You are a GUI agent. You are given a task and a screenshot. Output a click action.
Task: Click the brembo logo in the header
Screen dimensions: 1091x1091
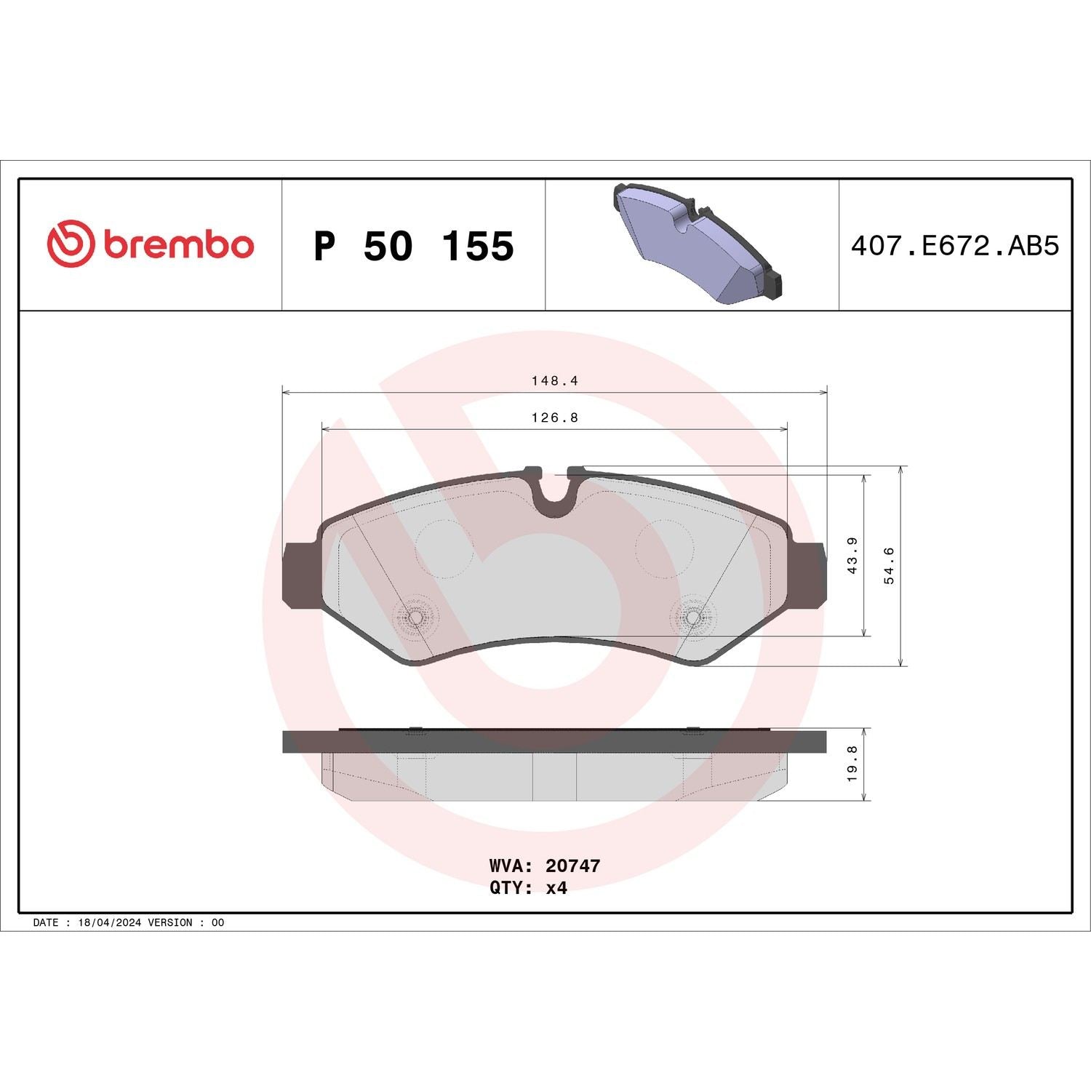pyautogui.click(x=151, y=244)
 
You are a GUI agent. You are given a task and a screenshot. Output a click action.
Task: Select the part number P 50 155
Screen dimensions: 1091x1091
pyautogui.click(x=413, y=246)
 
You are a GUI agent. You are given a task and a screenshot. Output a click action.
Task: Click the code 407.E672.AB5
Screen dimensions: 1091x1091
pyautogui.click(x=955, y=246)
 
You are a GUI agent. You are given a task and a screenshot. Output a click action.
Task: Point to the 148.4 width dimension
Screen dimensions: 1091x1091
pyautogui.click(x=554, y=380)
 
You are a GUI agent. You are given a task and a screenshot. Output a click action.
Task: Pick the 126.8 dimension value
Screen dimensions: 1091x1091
pyautogui.click(x=554, y=418)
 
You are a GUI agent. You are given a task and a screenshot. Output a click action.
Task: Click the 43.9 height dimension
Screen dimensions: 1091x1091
pyautogui.click(x=852, y=556)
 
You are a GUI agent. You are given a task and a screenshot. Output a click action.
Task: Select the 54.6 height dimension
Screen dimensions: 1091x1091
pyautogui.click(x=889, y=566)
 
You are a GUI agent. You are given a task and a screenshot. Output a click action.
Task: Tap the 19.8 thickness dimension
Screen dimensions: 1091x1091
pyautogui.click(x=852, y=764)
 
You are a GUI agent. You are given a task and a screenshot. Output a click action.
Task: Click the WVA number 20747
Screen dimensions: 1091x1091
pyautogui.click(x=572, y=866)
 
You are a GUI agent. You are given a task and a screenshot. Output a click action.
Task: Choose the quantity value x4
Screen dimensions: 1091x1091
pyautogui.click(x=556, y=888)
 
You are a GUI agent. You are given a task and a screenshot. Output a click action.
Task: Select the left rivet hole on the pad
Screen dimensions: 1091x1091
pyautogui.click(x=414, y=618)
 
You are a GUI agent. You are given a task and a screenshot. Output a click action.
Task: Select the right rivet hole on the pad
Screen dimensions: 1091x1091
pyautogui.click(x=693, y=618)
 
